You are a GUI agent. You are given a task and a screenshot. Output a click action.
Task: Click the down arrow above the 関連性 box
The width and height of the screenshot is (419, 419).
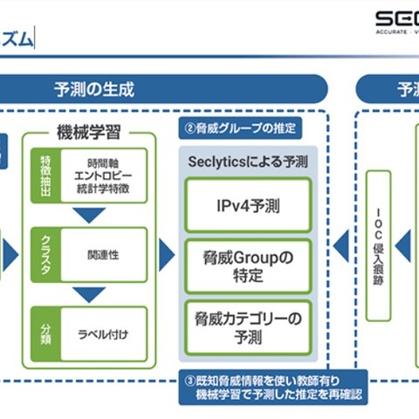point(88,216)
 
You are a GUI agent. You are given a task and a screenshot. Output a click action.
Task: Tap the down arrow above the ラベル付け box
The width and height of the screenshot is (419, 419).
point(88,292)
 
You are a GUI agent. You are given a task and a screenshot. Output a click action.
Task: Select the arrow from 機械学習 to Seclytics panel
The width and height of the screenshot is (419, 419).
point(167,254)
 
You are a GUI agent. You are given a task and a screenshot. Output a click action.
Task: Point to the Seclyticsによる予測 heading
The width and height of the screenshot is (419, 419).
point(248,163)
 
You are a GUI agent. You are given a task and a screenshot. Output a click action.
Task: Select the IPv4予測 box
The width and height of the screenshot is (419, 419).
point(248,206)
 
